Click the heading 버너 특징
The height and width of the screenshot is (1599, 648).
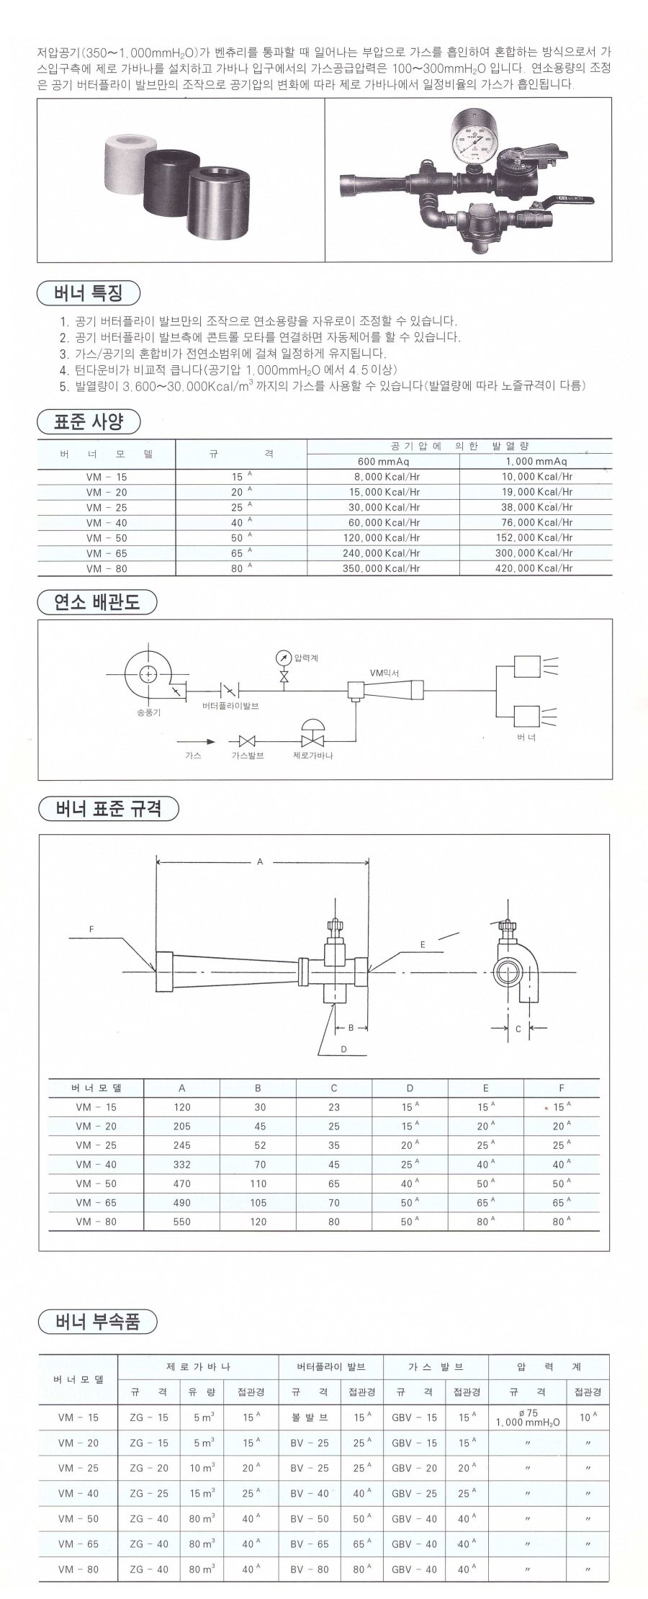tap(88, 293)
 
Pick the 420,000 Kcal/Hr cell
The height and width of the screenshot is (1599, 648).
tap(537, 568)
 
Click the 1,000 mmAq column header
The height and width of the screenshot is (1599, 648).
tap(536, 461)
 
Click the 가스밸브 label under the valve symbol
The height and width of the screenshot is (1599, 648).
tap(248, 756)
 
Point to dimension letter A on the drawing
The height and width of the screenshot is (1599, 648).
tap(261, 861)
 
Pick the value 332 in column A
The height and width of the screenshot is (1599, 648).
tap(182, 1165)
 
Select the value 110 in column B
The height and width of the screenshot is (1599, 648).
tap(258, 1183)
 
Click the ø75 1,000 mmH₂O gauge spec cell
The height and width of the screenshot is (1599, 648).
tap(528, 1417)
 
